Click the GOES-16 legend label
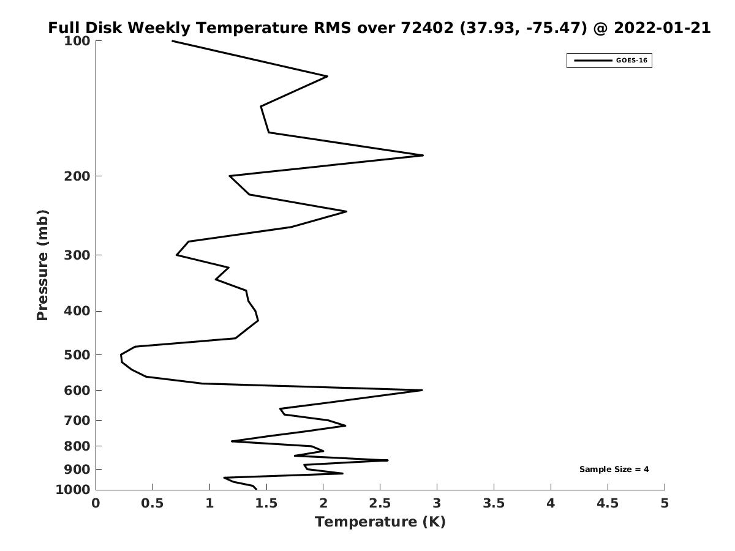(631, 61)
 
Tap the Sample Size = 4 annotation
(614, 470)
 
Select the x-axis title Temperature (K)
(380, 522)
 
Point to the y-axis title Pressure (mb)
(42, 265)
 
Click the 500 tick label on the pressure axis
(77, 355)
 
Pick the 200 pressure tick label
(77, 176)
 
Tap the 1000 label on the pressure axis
(73, 490)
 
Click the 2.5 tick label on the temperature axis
(380, 503)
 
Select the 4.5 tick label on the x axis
(608, 503)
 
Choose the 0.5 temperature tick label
(153, 503)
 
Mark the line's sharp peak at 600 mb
(422, 390)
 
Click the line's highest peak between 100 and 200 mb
(423, 156)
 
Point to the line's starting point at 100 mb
(172, 41)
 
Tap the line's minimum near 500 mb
(121, 355)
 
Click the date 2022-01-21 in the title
(662, 28)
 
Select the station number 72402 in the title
(427, 28)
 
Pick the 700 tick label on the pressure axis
(77, 420)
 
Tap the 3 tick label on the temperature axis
(437, 503)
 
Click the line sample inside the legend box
(593, 61)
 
